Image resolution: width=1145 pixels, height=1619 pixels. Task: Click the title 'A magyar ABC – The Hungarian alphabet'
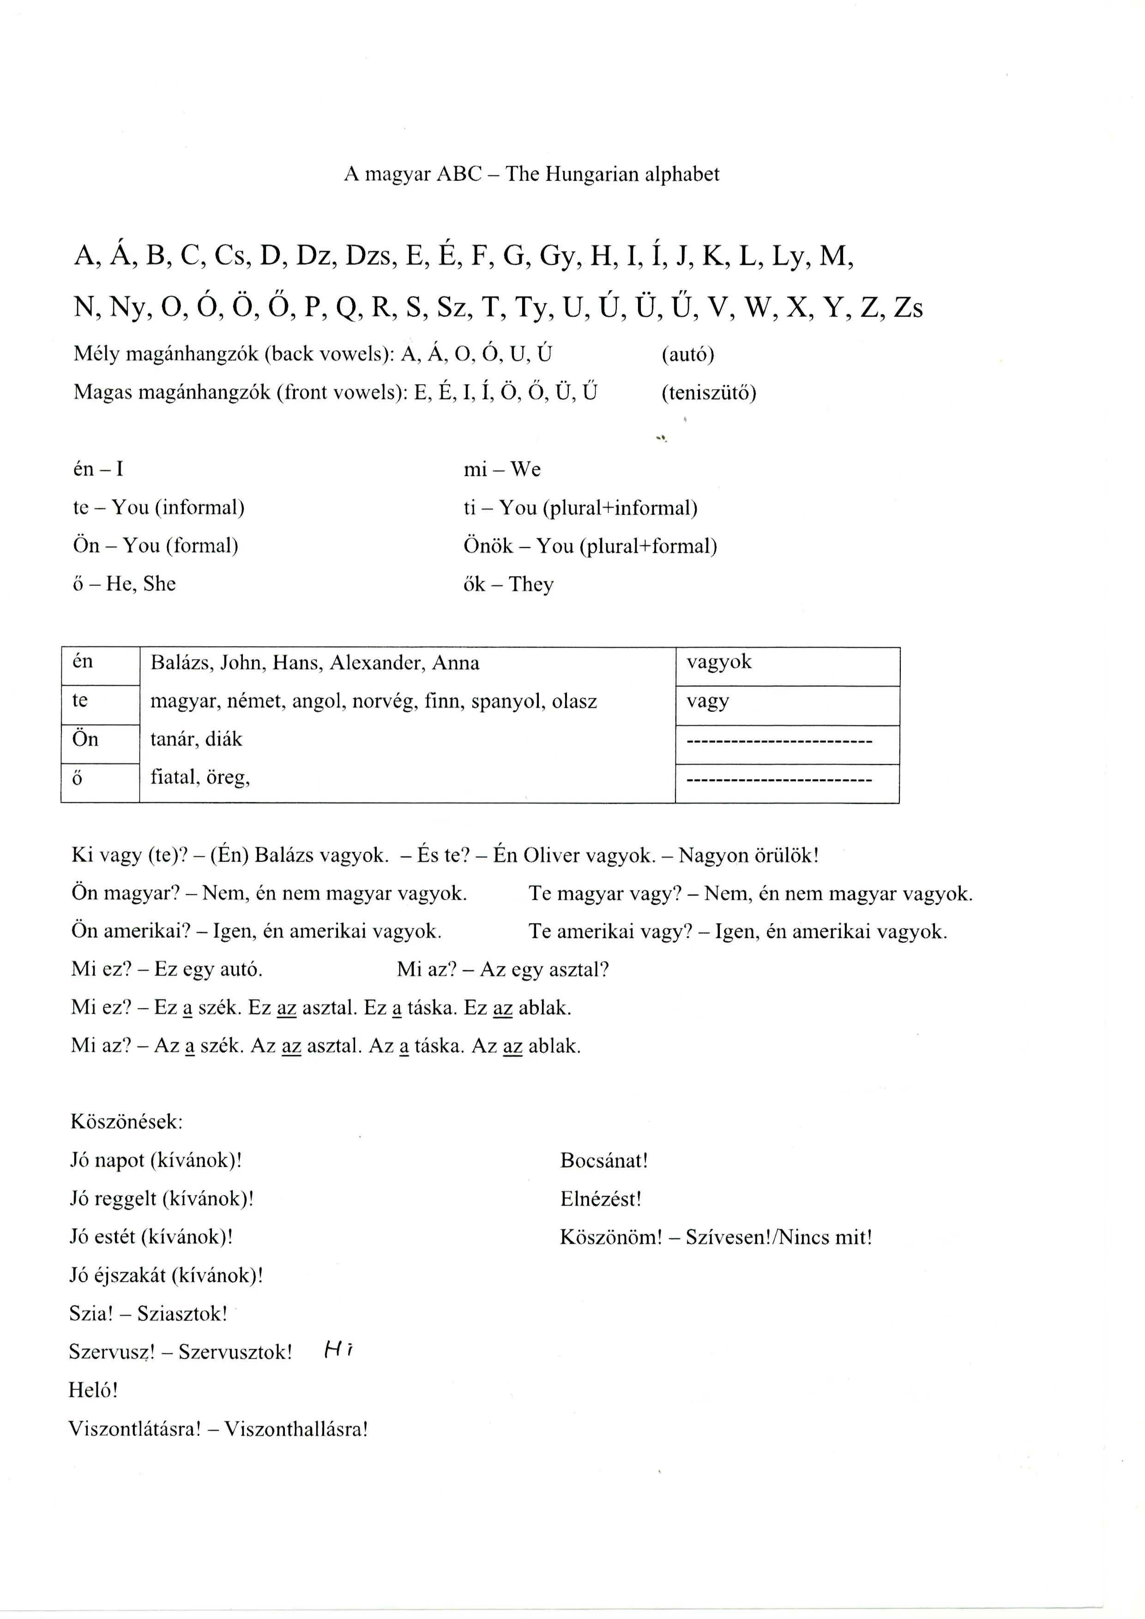click(x=531, y=174)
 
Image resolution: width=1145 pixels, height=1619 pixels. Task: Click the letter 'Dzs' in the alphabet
click(x=368, y=257)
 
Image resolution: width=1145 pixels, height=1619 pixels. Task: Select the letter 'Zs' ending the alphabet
click(x=908, y=308)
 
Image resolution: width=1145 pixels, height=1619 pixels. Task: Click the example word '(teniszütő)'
click(x=708, y=392)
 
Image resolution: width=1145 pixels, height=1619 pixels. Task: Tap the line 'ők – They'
click(x=508, y=584)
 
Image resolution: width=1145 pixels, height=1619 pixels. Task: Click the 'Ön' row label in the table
click(x=85, y=740)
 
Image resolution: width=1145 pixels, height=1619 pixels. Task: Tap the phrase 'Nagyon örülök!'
click(x=748, y=856)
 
